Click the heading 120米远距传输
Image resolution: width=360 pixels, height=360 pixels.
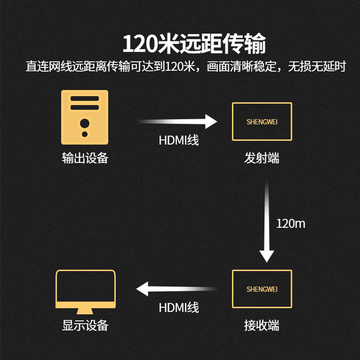coord(194,45)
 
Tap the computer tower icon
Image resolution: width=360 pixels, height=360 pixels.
coord(85,117)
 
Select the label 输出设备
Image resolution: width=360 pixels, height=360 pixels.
coord(85,158)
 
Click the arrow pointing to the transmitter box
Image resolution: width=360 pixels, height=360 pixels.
coord(177,121)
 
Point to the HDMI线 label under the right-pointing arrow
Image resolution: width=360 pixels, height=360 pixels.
coord(179,140)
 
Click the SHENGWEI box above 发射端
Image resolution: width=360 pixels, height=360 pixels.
coord(262,121)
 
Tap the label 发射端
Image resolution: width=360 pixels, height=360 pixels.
coord(262,158)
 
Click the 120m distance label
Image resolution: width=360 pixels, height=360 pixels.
coord(291,223)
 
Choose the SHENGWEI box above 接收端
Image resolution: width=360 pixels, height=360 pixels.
coord(262,288)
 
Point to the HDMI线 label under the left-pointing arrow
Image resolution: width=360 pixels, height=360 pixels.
coord(179,308)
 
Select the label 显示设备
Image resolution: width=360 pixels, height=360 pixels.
coord(85,325)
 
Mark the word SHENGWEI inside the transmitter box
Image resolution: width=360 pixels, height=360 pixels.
coord(262,122)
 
